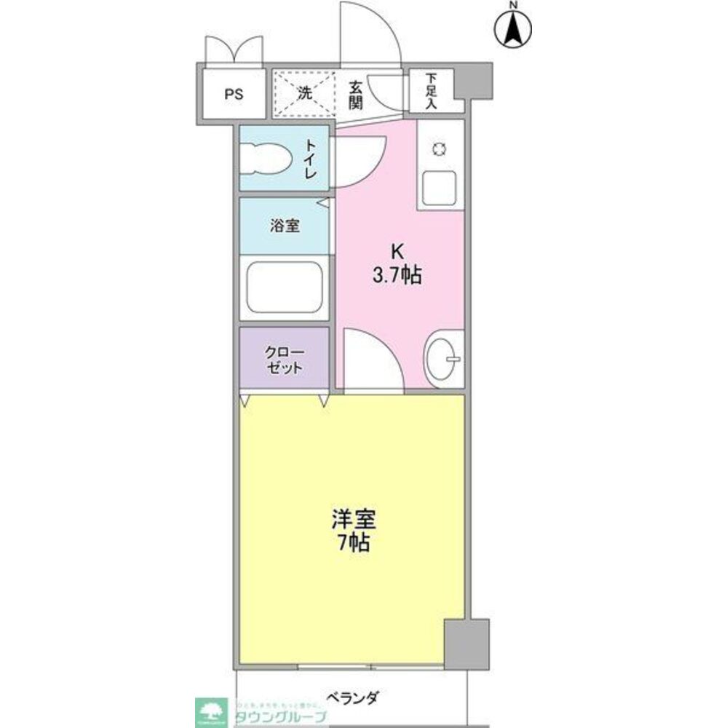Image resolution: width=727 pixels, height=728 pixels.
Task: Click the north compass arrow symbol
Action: tap(514, 28)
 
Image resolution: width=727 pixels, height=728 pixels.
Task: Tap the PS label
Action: tap(234, 94)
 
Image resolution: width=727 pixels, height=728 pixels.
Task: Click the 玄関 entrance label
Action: tap(355, 94)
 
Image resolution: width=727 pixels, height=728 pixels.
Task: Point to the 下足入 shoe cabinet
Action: tap(431, 90)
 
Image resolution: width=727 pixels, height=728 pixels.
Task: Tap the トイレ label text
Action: tap(311, 160)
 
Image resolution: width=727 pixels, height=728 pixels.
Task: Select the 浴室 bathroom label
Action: tap(285, 226)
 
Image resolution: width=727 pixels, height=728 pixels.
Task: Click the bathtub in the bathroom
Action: tap(284, 287)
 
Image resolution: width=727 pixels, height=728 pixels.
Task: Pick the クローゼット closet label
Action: tap(284, 360)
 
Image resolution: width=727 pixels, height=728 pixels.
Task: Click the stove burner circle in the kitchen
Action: tap(440, 149)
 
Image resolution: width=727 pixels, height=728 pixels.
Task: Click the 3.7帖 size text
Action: tap(397, 276)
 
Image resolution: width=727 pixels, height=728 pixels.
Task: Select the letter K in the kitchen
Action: tap(397, 251)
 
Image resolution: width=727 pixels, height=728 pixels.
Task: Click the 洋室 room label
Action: tap(353, 519)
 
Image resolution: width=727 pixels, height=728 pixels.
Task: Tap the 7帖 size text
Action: tap(353, 542)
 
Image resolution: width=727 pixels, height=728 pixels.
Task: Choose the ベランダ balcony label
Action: tap(351, 697)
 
